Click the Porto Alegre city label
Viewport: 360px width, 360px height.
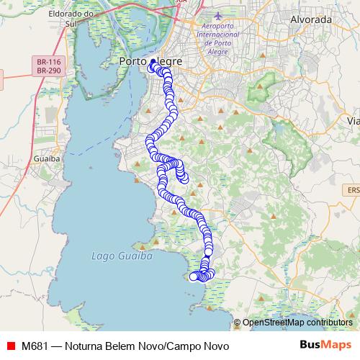150,62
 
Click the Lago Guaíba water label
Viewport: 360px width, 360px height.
112,256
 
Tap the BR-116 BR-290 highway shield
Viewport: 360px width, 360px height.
48,68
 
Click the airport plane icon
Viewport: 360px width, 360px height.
220,15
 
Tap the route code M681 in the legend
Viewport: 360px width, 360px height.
35,346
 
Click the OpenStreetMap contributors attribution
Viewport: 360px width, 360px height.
297,323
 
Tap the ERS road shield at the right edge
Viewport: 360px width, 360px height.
353,189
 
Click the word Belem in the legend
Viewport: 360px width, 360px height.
125,346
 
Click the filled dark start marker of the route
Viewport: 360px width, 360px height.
153,63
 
